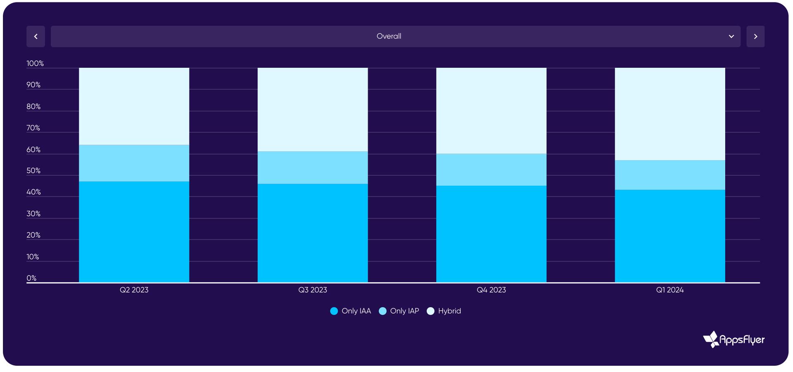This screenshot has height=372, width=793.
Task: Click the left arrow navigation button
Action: click(36, 36)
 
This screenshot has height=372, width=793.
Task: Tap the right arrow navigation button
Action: click(755, 36)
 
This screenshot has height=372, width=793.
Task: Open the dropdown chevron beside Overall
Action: click(731, 36)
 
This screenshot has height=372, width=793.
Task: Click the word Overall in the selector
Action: click(389, 36)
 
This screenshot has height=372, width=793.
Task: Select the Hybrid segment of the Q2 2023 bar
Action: click(134, 106)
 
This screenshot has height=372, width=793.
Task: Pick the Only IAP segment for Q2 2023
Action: click(134, 163)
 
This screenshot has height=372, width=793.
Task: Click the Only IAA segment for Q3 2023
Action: click(313, 233)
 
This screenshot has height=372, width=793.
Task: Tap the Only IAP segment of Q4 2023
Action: click(491, 170)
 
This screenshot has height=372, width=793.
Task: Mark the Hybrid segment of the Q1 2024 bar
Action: click(670, 114)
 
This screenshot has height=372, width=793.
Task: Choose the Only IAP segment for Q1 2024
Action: click(670, 175)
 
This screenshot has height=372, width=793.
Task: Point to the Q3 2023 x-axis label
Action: click(313, 290)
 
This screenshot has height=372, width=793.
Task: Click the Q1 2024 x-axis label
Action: click(670, 290)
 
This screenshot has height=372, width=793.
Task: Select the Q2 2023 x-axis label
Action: click(134, 290)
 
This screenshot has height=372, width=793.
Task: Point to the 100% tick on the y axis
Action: click(35, 63)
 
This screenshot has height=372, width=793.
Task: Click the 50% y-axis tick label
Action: click(33, 171)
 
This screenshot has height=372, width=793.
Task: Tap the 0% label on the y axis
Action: click(31, 278)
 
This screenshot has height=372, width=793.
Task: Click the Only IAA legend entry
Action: click(351, 311)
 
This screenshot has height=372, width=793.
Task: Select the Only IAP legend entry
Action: click(399, 311)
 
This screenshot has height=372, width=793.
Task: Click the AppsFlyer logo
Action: click(734, 339)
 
